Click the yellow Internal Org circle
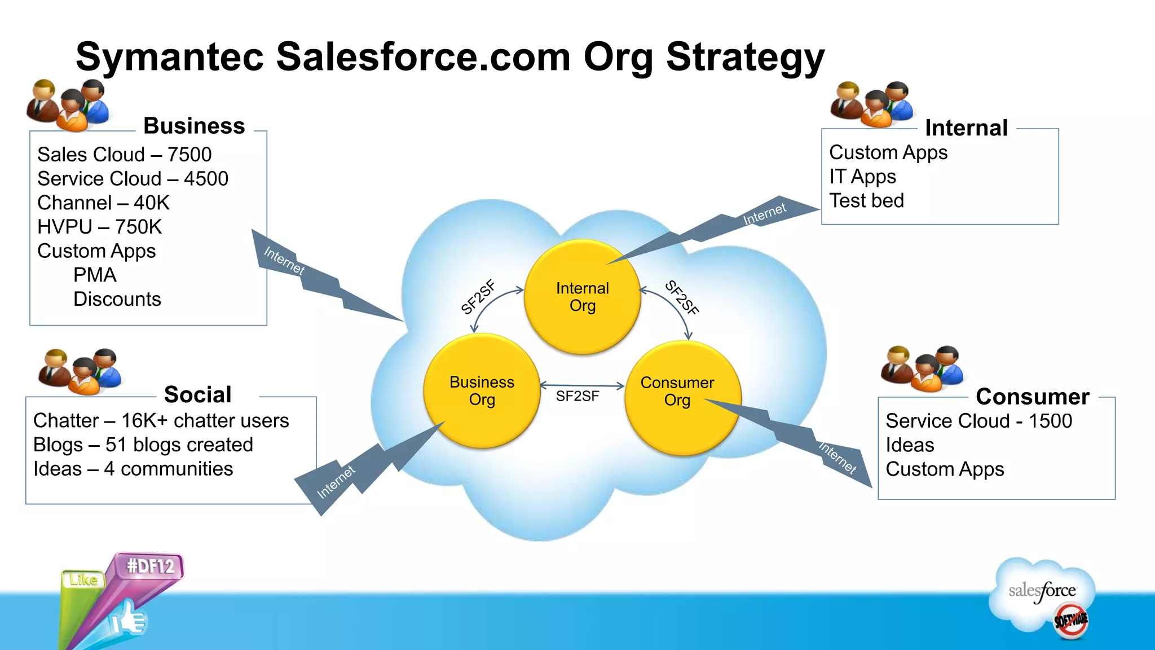tap(582, 297)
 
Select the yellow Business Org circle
tap(482, 390)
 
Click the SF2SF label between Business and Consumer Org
tap(577, 396)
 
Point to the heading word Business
tap(194, 126)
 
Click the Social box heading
tap(197, 394)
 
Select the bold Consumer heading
tap(1032, 397)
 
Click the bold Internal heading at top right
tap(966, 128)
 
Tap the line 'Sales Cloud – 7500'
tap(124, 155)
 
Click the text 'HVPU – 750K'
tap(99, 227)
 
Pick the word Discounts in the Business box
tap(117, 299)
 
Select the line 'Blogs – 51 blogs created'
tap(143, 445)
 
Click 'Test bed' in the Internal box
tap(866, 201)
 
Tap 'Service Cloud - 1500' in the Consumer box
tap(978, 421)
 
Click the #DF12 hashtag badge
tap(150, 566)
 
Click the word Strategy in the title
tap(745, 58)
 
